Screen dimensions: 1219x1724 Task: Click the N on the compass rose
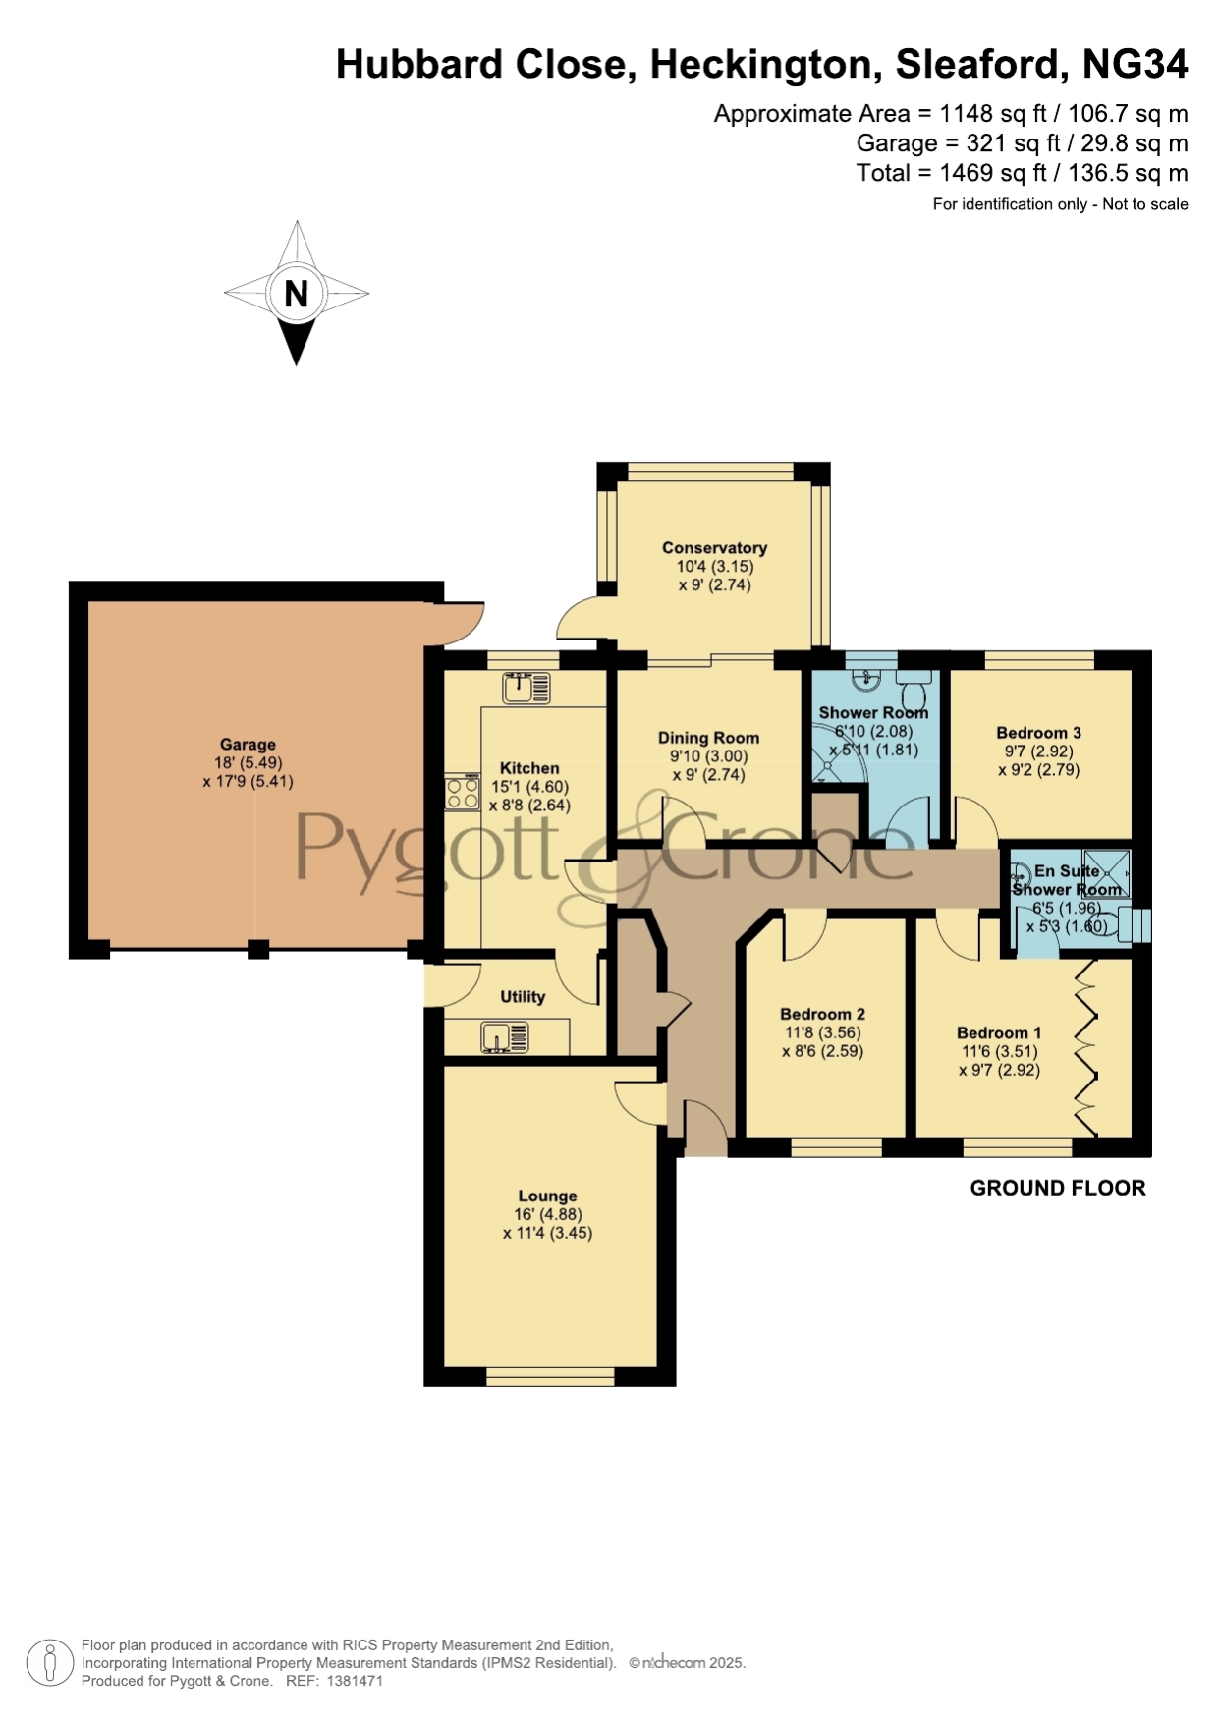tap(296, 294)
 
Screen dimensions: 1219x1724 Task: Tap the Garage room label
tap(248, 745)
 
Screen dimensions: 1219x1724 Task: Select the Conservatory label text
tap(714, 548)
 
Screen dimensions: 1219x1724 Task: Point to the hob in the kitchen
tap(463, 793)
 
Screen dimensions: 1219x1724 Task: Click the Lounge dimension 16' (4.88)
tap(547, 1214)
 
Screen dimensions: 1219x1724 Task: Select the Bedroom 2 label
tap(822, 1014)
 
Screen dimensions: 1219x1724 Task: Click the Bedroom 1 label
tap(999, 1032)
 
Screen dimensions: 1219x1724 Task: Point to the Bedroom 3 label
tap(1038, 733)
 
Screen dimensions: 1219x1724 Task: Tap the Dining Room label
tap(708, 738)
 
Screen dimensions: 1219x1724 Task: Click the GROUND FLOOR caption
tap(1058, 1188)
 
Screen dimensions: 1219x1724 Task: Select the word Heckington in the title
tap(761, 65)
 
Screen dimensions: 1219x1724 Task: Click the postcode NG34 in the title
tap(1135, 64)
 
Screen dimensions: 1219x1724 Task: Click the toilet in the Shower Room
tap(914, 680)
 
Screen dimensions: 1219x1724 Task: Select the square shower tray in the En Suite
tap(1107, 872)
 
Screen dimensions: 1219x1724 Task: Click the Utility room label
tap(523, 996)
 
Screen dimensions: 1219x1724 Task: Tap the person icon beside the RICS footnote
tap(49, 1664)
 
